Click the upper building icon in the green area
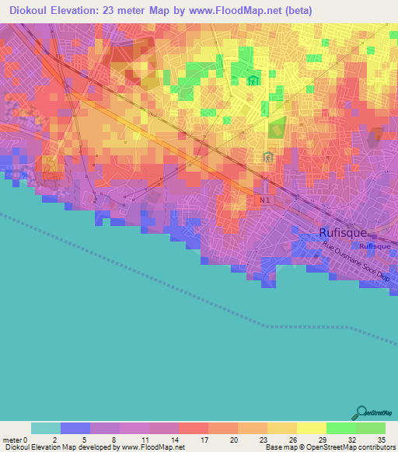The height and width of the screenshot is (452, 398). tap(252, 81)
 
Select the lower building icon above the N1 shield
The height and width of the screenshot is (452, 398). tap(268, 158)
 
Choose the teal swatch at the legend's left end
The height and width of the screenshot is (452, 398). tap(46, 428)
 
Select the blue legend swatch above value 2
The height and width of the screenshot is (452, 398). tap(75, 428)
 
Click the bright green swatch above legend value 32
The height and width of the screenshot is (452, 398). tap(341, 428)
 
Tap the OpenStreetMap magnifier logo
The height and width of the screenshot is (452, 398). tap(361, 412)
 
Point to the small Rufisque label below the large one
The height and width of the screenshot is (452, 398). tap(375, 246)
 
